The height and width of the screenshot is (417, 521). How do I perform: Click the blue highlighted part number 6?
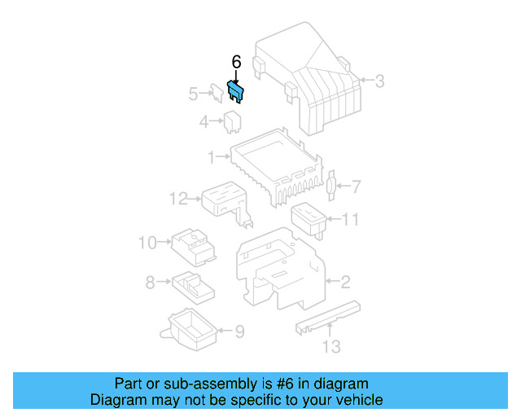coord(235,91)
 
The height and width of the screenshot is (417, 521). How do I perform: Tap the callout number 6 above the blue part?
coord(236,63)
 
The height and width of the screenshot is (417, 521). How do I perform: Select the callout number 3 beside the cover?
coord(379,81)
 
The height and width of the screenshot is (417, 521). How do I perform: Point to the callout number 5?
coord(193,94)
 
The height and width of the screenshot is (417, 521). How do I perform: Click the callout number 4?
coord(204,122)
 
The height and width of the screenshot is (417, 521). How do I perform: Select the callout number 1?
coord(210,156)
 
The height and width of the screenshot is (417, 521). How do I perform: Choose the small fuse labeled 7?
coord(330,187)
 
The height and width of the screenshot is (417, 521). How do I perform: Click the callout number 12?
coord(178,197)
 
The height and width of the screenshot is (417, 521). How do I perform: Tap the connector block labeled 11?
coord(309,217)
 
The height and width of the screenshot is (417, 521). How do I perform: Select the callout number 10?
coord(147,242)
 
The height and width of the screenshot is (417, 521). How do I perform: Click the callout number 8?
coord(150,283)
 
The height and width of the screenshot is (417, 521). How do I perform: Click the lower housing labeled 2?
coord(281,269)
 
